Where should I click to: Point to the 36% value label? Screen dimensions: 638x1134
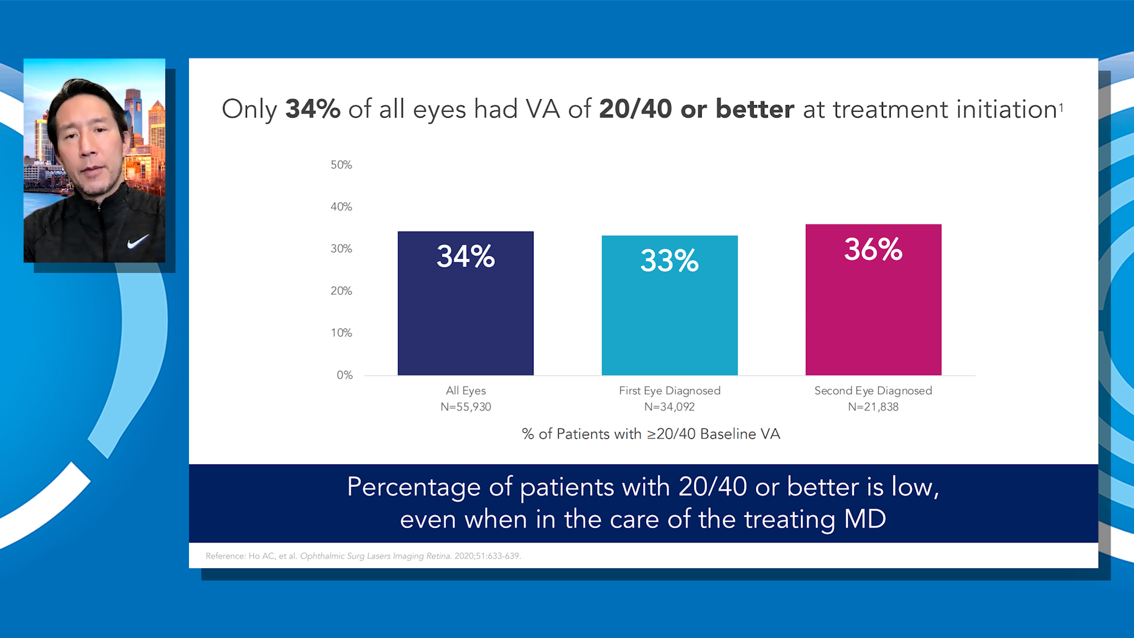click(x=873, y=249)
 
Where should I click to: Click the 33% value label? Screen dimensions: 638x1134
click(x=669, y=261)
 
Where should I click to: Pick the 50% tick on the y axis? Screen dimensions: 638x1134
click(x=341, y=165)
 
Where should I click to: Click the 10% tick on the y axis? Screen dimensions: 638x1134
click(x=341, y=333)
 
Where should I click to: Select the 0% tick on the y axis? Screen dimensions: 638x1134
click(x=344, y=375)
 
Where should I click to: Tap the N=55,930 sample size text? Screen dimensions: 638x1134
click(x=465, y=407)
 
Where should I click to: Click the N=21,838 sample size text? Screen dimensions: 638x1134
click(x=873, y=407)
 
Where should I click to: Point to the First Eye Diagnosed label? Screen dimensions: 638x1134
click(x=669, y=390)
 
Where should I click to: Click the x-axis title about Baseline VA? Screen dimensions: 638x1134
click(x=651, y=434)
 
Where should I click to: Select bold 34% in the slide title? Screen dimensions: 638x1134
click(x=312, y=109)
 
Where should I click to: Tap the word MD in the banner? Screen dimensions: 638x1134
click(x=865, y=519)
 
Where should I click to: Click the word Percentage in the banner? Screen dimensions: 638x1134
click(x=413, y=487)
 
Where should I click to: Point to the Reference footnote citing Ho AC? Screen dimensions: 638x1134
click(x=363, y=556)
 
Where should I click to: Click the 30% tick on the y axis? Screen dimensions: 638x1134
click(x=341, y=249)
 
